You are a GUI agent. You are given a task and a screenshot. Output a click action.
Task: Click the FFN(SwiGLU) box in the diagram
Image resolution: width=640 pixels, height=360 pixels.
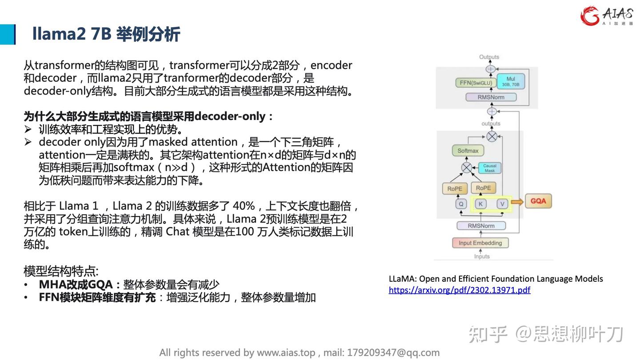point(476,83)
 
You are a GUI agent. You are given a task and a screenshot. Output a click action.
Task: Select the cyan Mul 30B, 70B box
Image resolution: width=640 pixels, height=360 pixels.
point(511,81)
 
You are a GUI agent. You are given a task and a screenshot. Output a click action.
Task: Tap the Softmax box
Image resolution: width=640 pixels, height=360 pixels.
point(468,151)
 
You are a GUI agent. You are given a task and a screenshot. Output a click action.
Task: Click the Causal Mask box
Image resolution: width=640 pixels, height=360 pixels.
point(490,168)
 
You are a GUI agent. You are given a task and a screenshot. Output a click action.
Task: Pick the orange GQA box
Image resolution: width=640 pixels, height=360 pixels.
point(538,201)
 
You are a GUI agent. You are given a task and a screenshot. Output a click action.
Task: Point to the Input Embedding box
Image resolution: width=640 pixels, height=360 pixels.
point(480,243)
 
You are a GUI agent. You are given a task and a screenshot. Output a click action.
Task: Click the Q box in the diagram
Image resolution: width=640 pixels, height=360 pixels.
point(461,204)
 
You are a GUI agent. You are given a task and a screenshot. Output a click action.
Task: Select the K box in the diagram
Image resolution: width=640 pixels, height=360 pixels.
point(480,204)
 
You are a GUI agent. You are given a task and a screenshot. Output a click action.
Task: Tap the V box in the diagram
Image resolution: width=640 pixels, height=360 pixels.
point(502,204)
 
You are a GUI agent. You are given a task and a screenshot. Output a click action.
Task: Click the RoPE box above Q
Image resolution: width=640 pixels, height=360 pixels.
point(455,188)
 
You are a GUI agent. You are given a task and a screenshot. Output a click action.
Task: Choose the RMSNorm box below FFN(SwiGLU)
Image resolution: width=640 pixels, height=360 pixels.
point(491,97)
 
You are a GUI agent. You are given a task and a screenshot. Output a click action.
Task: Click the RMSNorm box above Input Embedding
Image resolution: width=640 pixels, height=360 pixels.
point(481,226)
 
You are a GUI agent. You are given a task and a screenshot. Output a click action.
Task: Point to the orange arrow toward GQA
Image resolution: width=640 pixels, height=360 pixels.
point(517,202)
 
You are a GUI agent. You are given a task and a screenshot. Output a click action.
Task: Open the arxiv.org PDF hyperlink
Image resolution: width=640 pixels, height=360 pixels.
point(460,290)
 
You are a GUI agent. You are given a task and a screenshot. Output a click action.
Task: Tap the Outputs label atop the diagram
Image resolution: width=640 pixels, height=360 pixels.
point(489,57)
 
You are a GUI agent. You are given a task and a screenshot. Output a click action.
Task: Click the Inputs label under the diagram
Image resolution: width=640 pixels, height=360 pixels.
point(482,256)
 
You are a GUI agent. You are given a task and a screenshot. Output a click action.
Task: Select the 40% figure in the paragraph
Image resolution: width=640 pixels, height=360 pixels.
point(244,206)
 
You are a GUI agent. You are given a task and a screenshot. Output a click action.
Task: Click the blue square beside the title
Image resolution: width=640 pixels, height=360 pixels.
point(8,34)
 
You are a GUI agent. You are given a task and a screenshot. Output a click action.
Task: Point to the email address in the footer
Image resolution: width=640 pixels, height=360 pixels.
point(393,352)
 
